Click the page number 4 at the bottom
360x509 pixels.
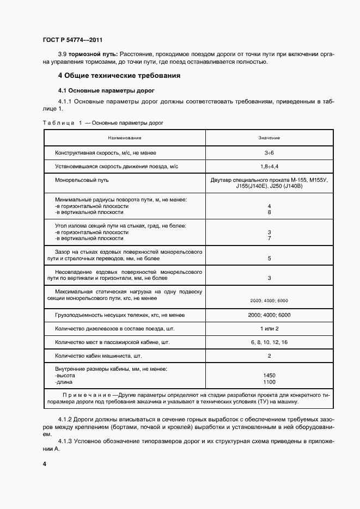pyautogui.click(x=44, y=463)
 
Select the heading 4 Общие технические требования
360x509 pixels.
pyautogui.click(x=119, y=75)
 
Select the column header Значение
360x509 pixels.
pyautogui.click(x=269, y=138)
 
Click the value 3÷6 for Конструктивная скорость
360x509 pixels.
pyautogui.click(x=269, y=153)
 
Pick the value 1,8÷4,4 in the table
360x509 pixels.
pyautogui.click(x=269, y=165)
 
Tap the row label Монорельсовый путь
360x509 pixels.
pyautogui.click(x=82, y=179)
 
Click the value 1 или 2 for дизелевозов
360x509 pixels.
pyautogui.click(x=269, y=329)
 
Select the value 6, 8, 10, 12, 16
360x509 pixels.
pyautogui.click(x=269, y=342)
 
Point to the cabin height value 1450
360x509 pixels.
pyautogui.click(x=269, y=376)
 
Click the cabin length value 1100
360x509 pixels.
pyautogui.click(x=269, y=382)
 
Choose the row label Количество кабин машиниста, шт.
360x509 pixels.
pyautogui.click(x=98, y=356)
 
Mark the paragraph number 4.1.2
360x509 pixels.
pyautogui.click(x=65, y=420)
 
